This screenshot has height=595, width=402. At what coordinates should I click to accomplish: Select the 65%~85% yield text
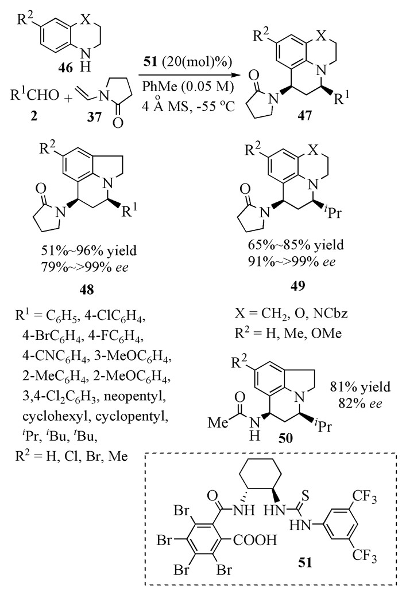(x=300, y=237)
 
